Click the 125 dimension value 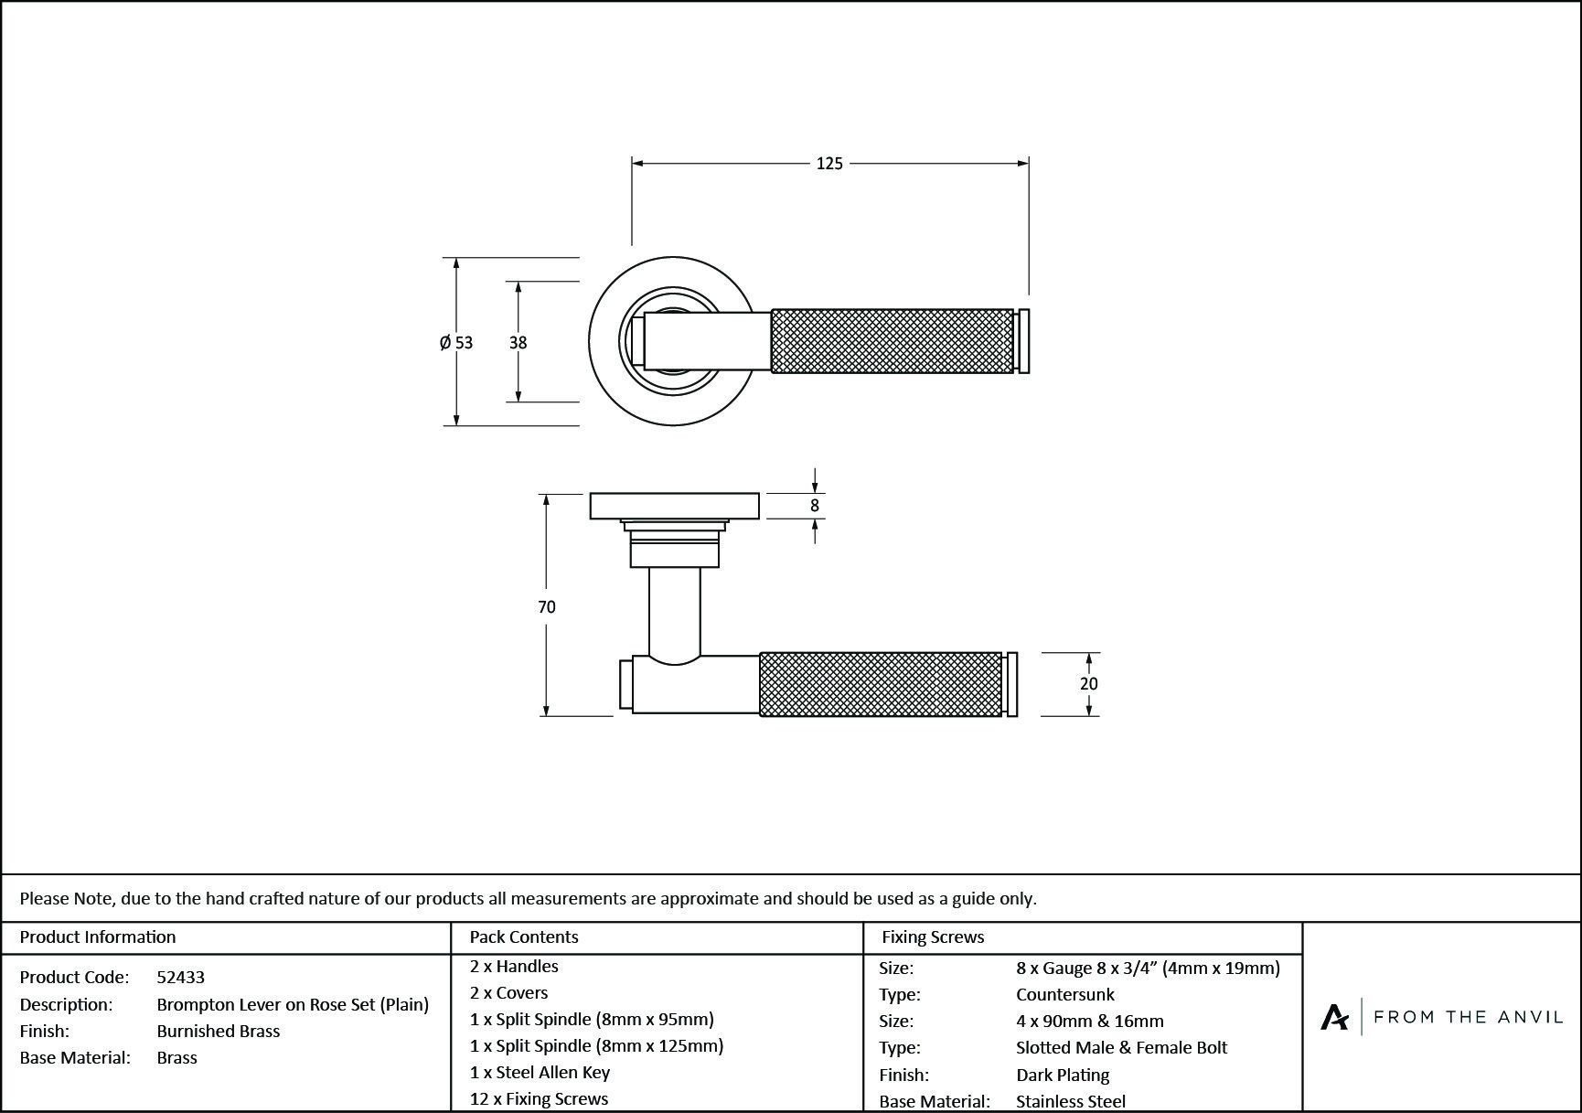point(829,164)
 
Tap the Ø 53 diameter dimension point(456,343)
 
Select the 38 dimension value point(518,343)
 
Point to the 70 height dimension point(547,606)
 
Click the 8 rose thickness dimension point(815,506)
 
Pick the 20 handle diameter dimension point(1088,684)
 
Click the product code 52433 point(181,977)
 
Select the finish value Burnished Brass point(219,1031)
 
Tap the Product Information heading point(98,936)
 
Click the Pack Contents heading point(524,936)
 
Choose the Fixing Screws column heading point(933,936)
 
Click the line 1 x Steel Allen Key point(540,1072)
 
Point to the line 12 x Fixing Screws point(539,1098)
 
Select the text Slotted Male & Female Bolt point(1121,1047)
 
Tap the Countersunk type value point(1065,994)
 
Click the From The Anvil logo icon point(1334,1017)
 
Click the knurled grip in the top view point(893,341)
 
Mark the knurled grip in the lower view point(881,684)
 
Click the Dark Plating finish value point(1063,1075)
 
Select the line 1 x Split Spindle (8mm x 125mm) point(596,1045)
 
